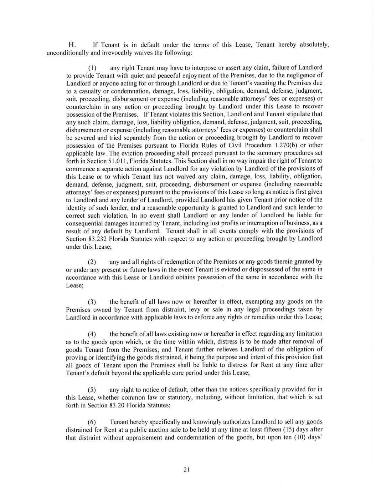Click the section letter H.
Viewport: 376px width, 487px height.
pyautogui.click(x=71, y=45)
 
